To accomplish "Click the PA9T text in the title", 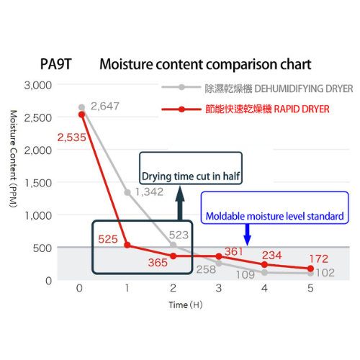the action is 56,64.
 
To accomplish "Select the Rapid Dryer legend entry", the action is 246,109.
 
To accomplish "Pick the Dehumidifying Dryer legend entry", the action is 257,89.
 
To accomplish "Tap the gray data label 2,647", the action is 105,106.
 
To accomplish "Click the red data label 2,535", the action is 71,138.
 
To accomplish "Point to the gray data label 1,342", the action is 149,192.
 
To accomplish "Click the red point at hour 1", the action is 127,245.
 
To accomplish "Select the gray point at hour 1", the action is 127,192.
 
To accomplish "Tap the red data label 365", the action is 158,263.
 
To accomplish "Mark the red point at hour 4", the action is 264,264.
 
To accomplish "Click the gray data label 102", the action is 325,273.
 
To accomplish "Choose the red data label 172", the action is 319,259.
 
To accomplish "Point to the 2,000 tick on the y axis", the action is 38,150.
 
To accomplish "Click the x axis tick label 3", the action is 219,288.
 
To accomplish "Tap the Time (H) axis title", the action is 186,305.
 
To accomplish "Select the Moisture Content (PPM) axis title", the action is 14,158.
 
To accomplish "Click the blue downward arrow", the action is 247,235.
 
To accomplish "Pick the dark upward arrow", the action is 180,203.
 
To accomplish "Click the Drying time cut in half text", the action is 191,176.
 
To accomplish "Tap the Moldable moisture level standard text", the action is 275,216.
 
